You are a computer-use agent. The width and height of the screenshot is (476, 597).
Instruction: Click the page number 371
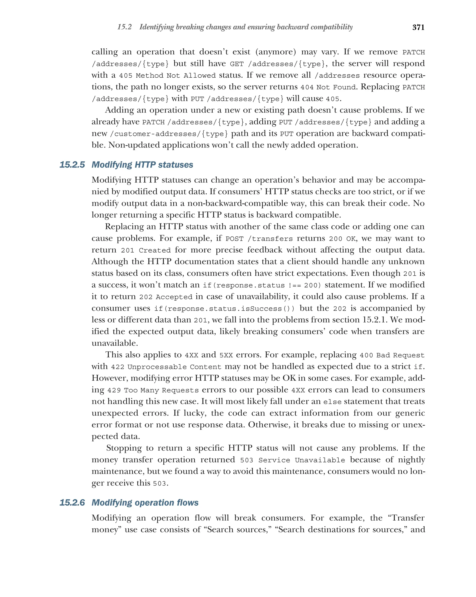pyautogui.click(x=418, y=27)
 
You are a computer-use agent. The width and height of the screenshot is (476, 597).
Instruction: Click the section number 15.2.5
pyautogui.click(x=72, y=165)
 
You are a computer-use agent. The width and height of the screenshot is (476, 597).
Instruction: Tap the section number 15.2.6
pyautogui.click(x=72, y=503)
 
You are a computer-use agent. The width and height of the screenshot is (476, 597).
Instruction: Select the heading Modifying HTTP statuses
pyautogui.click(x=142, y=165)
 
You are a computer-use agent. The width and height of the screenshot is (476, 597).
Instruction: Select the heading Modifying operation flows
pyautogui.click(x=145, y=503)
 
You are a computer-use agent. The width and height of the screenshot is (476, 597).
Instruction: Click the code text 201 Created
pyautogui.click(x=146, y=250)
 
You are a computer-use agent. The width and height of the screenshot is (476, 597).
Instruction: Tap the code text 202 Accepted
pyautogui.click(x=165, y=297)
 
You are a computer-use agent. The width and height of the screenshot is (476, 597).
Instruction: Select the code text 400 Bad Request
pyautogui.click(x=392, y=355)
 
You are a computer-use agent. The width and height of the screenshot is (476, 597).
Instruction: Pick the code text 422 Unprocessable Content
pyautogui.click(x=166, y=367)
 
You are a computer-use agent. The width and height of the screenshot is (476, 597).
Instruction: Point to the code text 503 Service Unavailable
pyautogui.click(x=292, y=460)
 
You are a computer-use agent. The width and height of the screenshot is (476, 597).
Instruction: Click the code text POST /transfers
pyautogui.click(x=259, y=239)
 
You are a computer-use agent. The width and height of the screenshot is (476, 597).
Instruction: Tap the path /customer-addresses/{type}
pyautogui.click(x=169, y=134)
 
